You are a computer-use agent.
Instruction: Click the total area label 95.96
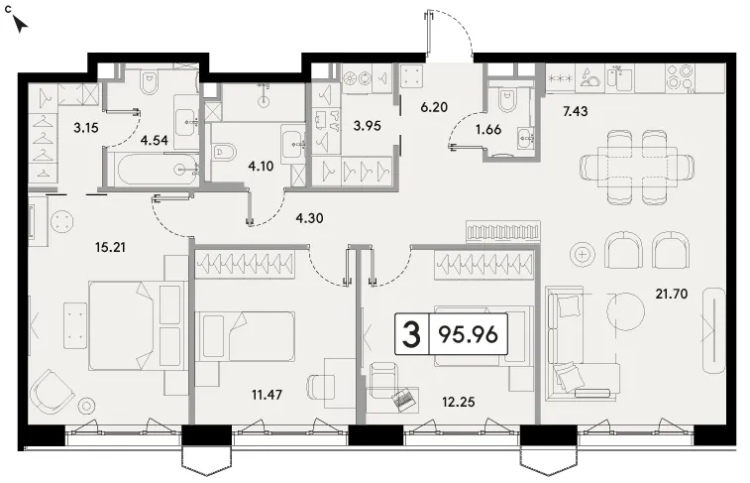(x=469, y=334)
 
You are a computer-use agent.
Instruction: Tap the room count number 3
(x=411, y=334)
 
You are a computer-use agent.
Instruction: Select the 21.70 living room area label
(x=672, y=294)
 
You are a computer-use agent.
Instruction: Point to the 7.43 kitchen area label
(x=575, y=111)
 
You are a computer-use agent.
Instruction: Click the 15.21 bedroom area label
(x=111, y=248)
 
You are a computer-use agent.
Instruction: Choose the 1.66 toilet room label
(x=488, y=129)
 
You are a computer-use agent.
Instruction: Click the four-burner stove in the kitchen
(x=681, y=77)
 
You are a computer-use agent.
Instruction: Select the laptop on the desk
(x=404, y=399)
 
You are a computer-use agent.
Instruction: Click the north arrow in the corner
(x=20, y=25)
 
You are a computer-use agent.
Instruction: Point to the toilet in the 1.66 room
(x=507, y=99)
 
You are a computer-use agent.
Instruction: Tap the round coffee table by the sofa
(x=626, y=311)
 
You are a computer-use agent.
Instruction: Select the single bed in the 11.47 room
(x=245, y=336)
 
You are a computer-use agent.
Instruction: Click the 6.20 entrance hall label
(x=434, y=107)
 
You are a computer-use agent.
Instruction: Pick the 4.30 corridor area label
(x=309, y=218)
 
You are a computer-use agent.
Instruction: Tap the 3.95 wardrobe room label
(x=367, y=126)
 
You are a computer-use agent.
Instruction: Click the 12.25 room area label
(x=459, y=402)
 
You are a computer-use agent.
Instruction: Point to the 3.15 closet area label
(x=86, y=127)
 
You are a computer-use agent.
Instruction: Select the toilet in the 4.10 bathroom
(x=223, y=152)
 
